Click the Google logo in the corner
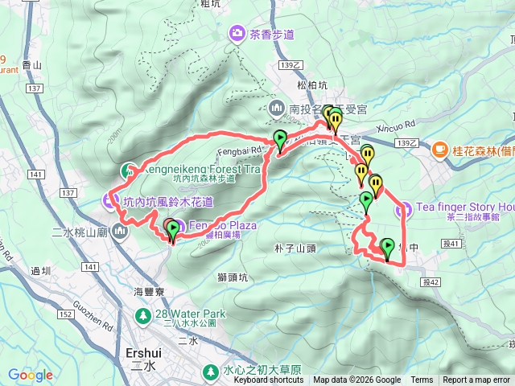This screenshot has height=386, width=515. tap(31, 375)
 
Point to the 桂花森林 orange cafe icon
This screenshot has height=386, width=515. tap(440, 149)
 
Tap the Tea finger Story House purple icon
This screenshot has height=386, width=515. tap(405, 210)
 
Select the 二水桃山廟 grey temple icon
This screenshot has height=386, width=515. tap(121, 233)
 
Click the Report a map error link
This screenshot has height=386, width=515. tap(477, 380)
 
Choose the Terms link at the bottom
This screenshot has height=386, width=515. tap(422, 380)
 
